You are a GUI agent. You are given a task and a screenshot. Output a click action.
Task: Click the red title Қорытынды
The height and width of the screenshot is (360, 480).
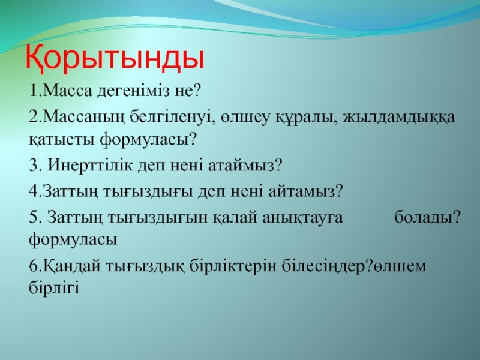click(115, 59)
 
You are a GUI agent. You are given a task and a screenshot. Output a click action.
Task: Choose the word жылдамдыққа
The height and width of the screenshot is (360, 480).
click(399, 118)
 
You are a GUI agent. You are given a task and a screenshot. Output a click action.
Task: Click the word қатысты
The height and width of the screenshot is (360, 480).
click(62, 140)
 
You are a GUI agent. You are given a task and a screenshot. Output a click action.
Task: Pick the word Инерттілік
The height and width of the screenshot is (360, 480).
click(90, 165)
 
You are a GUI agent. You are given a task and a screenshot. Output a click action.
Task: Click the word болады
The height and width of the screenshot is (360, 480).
click(424, 218)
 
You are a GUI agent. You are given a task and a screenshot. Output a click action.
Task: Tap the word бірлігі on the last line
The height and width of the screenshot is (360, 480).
click(54, 287)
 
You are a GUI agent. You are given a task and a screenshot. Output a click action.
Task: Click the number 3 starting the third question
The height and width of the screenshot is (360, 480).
click(33, 166)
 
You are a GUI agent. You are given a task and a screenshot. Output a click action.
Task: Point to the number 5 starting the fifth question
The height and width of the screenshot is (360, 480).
click(33, 218)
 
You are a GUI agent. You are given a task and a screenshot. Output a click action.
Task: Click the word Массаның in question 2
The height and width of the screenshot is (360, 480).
click(81, 117)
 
